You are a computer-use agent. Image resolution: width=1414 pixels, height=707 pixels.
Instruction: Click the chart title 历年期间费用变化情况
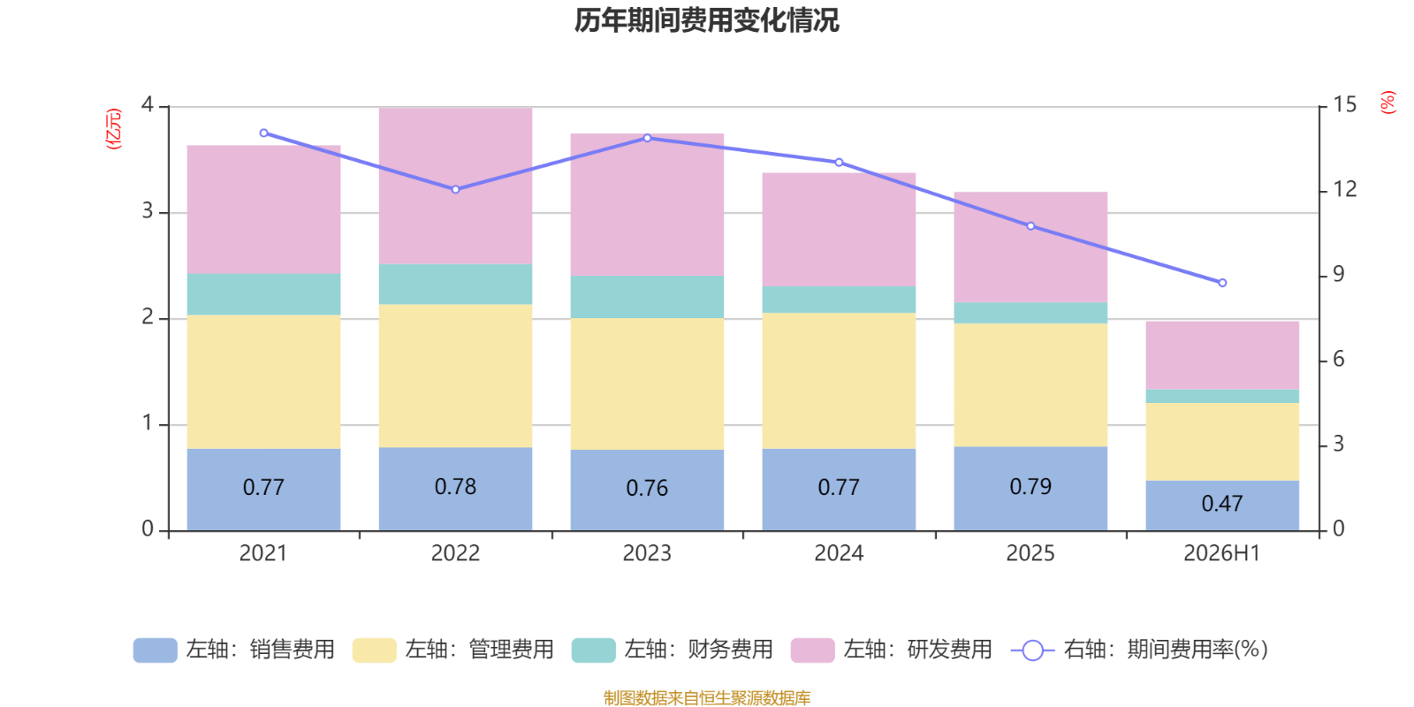pyautogui.click(x=706, y=21)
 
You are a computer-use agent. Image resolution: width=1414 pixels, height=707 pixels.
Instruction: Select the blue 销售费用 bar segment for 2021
pyautogui.click(x=264, y=490)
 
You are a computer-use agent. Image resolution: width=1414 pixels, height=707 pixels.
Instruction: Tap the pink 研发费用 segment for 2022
pyautogui.click(x=455, y=186)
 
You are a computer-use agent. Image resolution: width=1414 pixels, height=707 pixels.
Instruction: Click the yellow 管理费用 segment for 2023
pyautogui.click(x=647, y=384)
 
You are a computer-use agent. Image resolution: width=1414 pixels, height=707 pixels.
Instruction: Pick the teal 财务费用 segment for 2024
pyautogui.click(x=839, y=300)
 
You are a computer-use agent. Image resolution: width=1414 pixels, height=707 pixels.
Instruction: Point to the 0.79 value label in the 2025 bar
pyautogui.click(x=1030, y=487)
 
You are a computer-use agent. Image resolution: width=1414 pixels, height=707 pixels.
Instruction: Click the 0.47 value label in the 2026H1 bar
pyautogui.click(x=1222, y=504)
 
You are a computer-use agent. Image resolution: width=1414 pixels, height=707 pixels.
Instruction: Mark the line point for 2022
pyautogui.click(x=456, y=189)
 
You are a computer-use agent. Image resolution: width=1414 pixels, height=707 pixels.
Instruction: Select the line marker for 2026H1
pyautogui.click(x=1223, y=283)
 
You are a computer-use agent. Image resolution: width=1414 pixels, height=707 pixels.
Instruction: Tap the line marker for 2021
pyautogui.click(x=264, y=133)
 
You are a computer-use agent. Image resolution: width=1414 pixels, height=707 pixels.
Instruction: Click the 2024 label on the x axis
pyautogui.click(x=839, y=553)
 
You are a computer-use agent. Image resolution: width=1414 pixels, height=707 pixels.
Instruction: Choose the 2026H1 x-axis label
pyautogui.click(x=1222, y=553)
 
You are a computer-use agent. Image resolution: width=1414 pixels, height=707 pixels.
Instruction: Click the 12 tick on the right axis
pyautogui.click(x=1344, y=189)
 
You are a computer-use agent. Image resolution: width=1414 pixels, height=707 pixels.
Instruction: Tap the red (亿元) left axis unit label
pyautogui.click(x=114, y=129)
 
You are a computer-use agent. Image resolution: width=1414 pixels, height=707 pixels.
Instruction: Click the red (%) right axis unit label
pyautogui.click(x=1387, y=103)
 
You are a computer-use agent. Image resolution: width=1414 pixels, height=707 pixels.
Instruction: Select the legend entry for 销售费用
pyautogui.click(x=234, y=650)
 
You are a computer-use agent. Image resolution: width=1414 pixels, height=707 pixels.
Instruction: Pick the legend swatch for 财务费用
pyautogui.click(x=593, y=650)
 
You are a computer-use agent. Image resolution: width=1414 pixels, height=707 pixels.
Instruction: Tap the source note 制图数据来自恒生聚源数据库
pyautogui.click(x=707, y=697)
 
